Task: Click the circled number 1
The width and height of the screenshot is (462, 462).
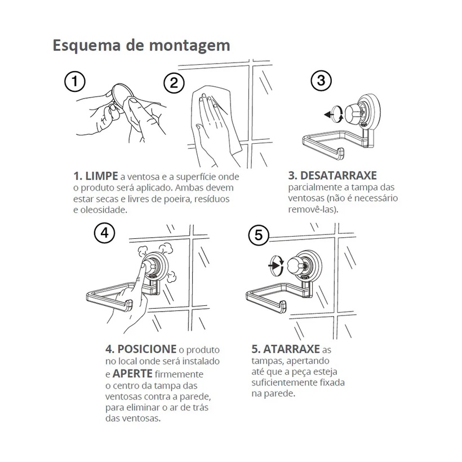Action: (75, 81)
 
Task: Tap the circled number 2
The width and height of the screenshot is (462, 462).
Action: (174, 83)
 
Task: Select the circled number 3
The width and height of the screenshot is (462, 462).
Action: (321, 81)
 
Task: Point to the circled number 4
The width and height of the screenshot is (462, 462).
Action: (105, 233)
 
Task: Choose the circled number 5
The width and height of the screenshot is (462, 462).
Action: (259, 235)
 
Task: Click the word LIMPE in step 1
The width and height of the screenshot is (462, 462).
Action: (101, 176)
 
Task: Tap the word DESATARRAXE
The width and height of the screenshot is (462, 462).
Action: (338, 176)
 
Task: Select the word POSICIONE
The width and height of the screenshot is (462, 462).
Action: (146, 349)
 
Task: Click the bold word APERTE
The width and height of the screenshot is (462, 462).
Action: (132, 374)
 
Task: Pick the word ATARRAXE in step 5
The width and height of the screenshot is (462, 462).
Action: (291, 349)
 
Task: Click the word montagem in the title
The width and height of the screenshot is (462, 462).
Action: (189, 46)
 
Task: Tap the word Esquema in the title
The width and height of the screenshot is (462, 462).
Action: (87, 46)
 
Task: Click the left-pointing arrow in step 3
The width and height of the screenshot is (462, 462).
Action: (328, 114)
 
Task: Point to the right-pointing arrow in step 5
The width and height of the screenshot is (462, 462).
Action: (273, 266)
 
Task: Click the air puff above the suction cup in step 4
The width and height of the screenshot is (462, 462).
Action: (143, 252)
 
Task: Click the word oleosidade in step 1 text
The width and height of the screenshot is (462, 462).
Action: (103, 210)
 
